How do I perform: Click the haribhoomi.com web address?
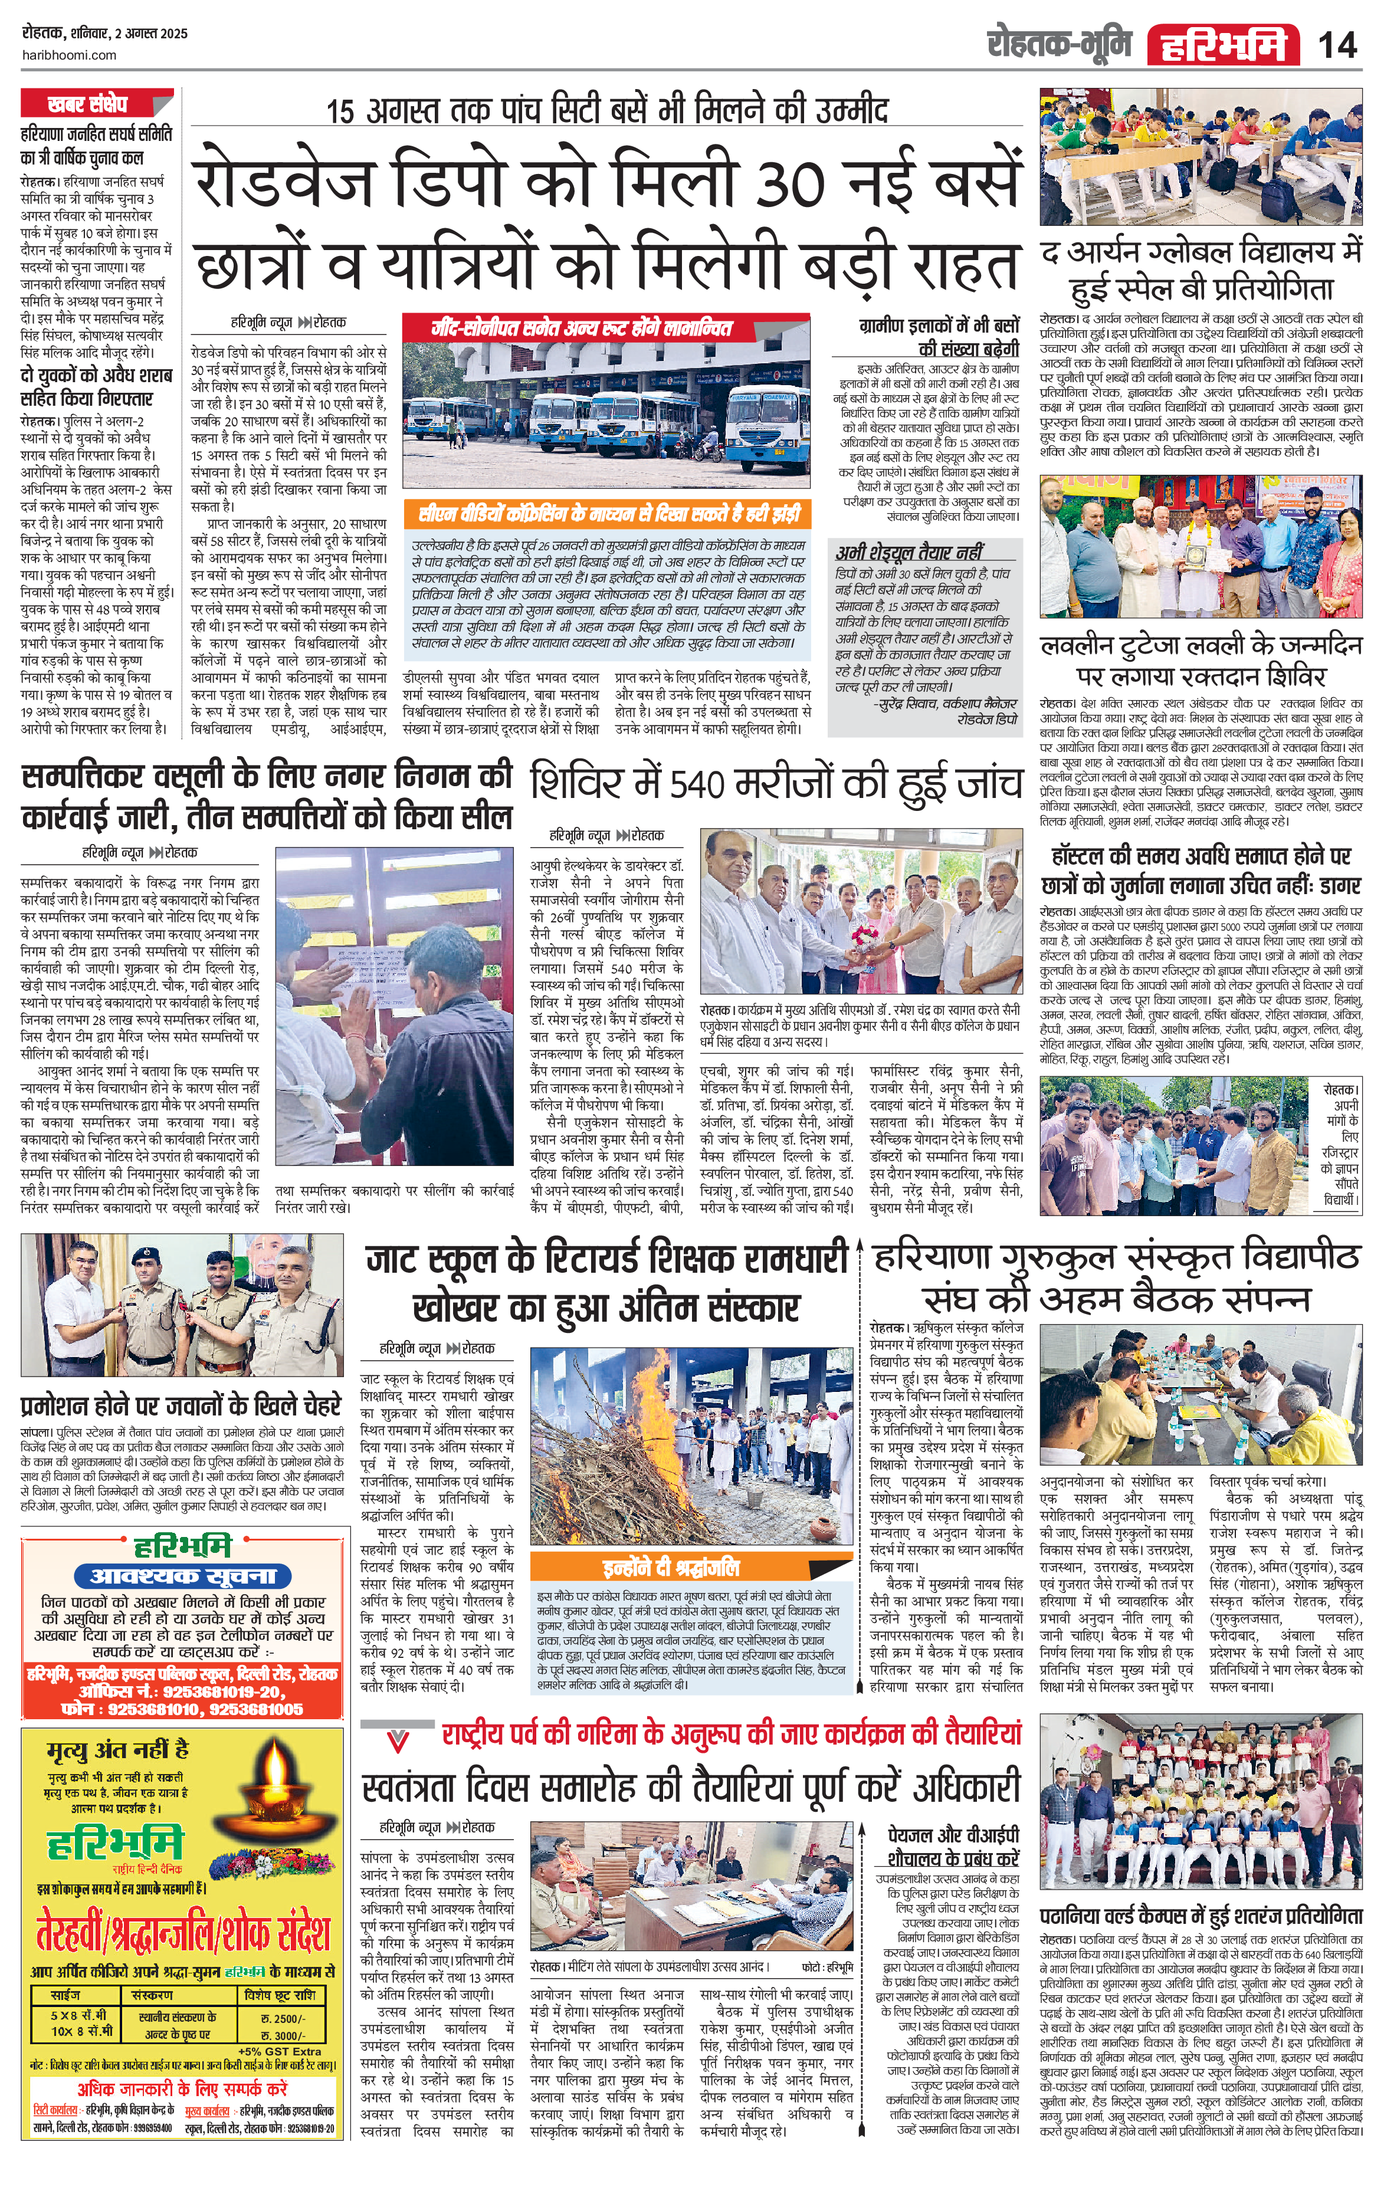[x=68, y=55]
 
